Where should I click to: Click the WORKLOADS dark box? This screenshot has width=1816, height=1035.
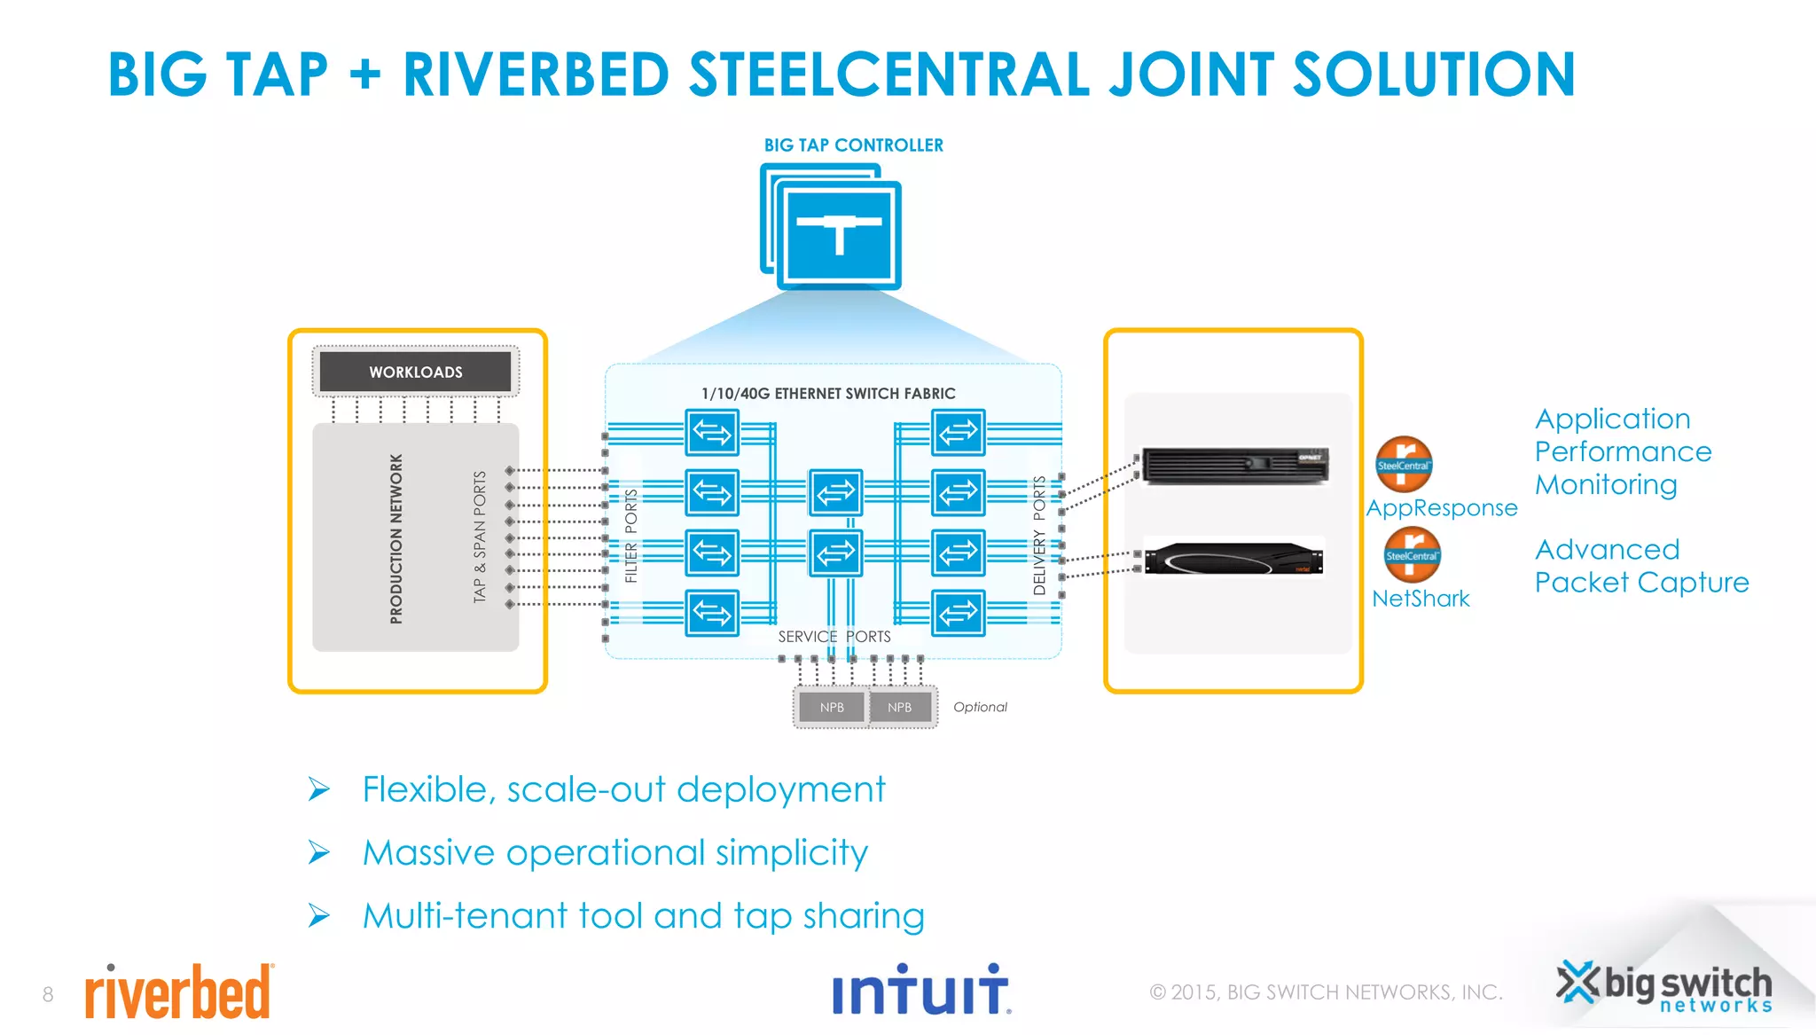[x=415, y=372]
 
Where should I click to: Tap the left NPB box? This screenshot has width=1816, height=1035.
[x=832, y=707]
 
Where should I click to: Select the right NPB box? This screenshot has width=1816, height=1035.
[x=899, y=707]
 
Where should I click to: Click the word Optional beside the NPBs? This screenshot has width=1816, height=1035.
[x=979, y=707]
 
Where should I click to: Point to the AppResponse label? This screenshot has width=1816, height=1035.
[x=1441, y=508]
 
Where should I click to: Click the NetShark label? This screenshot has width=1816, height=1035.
[x=1420, y=599]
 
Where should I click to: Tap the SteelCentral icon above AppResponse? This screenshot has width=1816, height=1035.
[x=1404, y=464]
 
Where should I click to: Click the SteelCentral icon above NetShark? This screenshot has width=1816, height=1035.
[x=1412, y=554]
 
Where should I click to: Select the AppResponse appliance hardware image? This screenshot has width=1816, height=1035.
[x=1235, y=465]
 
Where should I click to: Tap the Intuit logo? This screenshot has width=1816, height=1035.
[x=920, y=991]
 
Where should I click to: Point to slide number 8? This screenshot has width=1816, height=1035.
[x=48, y=994]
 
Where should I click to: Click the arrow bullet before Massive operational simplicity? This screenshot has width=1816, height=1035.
[x=318, y=853]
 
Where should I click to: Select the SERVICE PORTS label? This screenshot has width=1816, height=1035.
[x=834, y=637]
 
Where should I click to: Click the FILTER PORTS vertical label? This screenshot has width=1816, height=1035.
[x=630, y=536]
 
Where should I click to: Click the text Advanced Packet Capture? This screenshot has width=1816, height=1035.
[x=1640, y=566]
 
